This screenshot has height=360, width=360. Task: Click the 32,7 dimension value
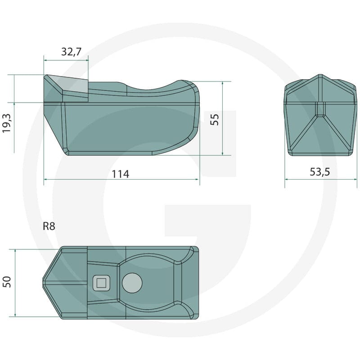(x=71, y=52)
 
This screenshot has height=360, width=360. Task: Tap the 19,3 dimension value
(x=7, y=123)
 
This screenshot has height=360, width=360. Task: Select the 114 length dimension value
(x=120, y=174)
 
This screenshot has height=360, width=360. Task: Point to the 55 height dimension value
(x=215, y=120)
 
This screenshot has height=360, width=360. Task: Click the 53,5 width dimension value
(x=320, y=172)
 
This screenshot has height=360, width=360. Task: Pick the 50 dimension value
(x=7, y=282)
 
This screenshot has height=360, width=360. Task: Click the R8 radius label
(x=49, y=226)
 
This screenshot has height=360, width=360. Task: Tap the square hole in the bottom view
(x=101, y=283)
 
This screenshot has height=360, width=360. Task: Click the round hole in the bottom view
(x=132, y=283)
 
